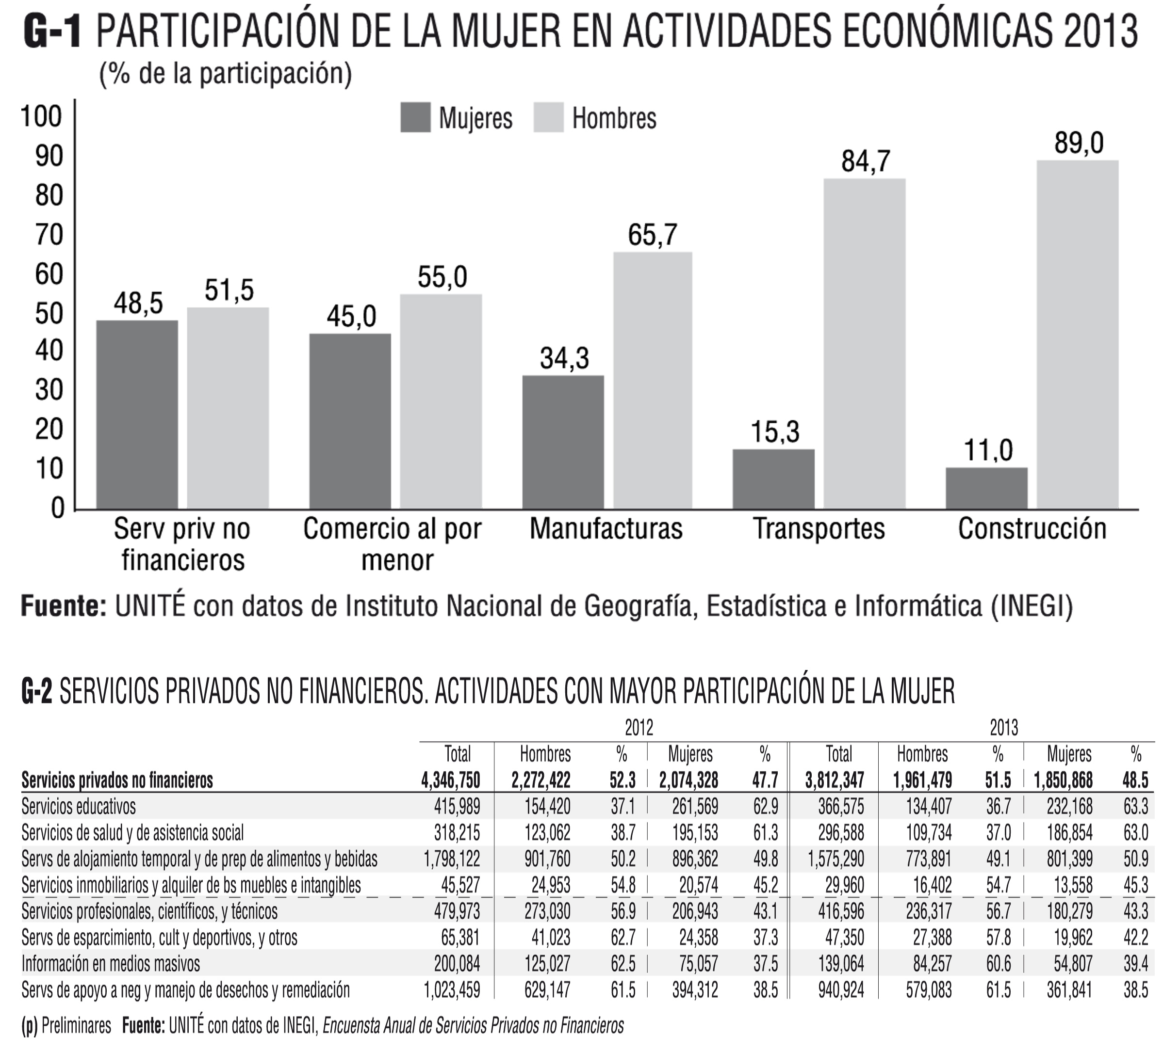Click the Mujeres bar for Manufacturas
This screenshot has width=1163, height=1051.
click(563, 442)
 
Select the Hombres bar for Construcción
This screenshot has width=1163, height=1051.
click(1077, 334)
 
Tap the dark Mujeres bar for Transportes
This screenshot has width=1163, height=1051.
click(773, 478)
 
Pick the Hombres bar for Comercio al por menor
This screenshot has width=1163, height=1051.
click(441, 401)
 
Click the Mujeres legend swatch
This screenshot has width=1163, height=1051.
click(415, 118)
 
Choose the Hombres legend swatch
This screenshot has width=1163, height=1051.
click(548, 118)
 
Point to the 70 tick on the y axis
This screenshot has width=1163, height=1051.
click(49, 235)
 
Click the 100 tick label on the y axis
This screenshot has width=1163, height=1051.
click(40, 116)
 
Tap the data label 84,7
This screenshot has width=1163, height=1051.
click(865, 161)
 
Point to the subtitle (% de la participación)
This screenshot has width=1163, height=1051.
click(225, 74)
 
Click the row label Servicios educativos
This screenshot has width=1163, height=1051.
click(79, 806)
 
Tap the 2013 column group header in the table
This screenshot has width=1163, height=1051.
click(1004, 728)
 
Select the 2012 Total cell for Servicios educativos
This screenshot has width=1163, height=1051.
click(457, 806)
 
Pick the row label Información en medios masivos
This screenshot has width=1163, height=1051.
click(111, 963)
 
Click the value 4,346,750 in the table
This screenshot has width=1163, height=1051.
click(451, 780)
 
